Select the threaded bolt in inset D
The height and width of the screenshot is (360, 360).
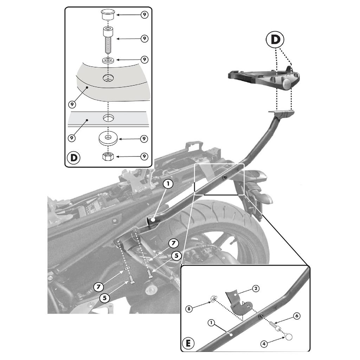(108, 39)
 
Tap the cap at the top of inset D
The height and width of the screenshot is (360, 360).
(108, 15)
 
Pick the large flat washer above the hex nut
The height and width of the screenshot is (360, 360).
(108, 138)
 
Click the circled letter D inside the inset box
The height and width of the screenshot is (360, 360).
(74, 157)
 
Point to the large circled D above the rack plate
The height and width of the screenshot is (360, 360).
(276, 40)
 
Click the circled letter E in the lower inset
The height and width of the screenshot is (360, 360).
(189, 343)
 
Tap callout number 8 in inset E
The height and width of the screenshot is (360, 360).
(190, 309)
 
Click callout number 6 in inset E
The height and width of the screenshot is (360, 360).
(297, 316)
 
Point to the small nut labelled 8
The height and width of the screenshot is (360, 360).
(213, 299)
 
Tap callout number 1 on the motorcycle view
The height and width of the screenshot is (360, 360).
(168, 184)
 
